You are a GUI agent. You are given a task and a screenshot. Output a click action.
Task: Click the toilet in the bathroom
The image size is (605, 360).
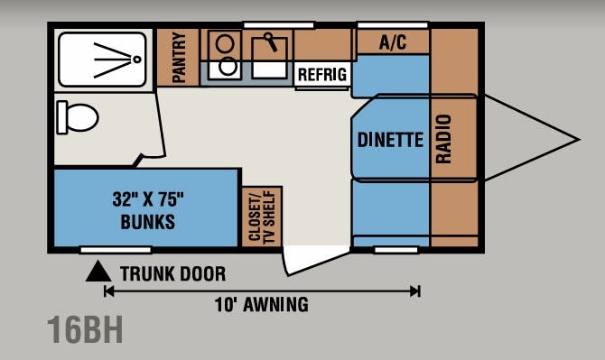[x=77, y=117]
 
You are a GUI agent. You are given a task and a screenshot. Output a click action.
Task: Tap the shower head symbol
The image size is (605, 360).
[x=137, y=60]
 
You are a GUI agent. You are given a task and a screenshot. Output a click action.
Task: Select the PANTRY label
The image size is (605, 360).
[x=179, y=57]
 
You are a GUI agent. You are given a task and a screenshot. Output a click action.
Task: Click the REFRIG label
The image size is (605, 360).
[x=322, y=74]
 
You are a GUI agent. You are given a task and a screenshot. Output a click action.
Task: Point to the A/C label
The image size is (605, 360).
[x=393, y=42]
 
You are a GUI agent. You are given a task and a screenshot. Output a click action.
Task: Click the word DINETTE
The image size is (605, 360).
[x=390, y=140]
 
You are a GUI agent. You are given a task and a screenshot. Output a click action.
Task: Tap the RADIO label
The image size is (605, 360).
[x=443, y=139]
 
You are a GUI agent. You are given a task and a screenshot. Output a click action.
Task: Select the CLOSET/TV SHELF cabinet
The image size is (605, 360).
[x=263, y=217]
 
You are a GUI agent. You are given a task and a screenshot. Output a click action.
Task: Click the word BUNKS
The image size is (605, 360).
[x=148, y=222]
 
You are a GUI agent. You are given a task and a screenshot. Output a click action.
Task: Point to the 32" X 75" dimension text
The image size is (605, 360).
[x=148, y=199]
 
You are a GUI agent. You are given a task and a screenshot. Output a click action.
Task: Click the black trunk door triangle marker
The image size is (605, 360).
[x=98, y=271]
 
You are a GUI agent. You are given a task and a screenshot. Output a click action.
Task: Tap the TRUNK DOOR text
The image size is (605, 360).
[x=172, y=274]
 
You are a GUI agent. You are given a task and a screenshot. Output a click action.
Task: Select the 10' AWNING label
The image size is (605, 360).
[x=262, y=304]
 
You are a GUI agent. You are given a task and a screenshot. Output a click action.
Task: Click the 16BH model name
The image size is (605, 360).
[x=85, y=329]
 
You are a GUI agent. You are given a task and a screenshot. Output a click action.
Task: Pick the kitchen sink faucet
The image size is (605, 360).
[x=270, y=42]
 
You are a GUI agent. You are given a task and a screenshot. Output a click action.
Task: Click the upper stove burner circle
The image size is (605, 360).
[x=225, y=43]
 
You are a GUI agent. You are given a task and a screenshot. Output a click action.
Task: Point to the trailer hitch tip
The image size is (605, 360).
[x=579, y=140]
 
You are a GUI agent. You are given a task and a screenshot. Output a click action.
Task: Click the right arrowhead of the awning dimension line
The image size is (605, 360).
[x=415, y=291]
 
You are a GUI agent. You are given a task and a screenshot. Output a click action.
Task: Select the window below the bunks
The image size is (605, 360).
[x=116, y=250]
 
